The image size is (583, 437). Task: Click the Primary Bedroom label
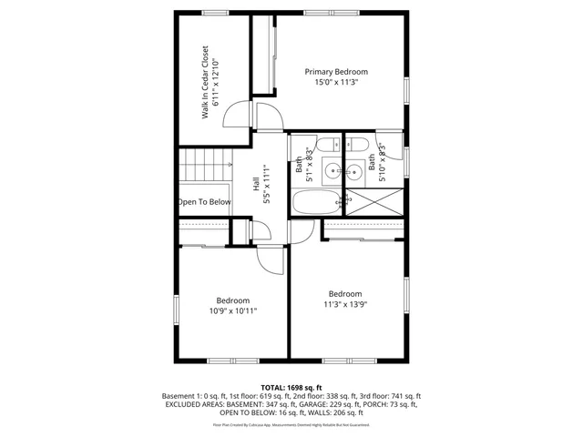[x=336, y=72]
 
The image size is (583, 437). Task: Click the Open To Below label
[x=204, y=202]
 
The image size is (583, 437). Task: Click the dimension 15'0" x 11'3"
[x=336, y=82]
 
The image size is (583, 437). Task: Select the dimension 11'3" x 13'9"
[x=345, y=305]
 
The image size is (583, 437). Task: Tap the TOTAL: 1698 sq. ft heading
[x=291, y=387]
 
